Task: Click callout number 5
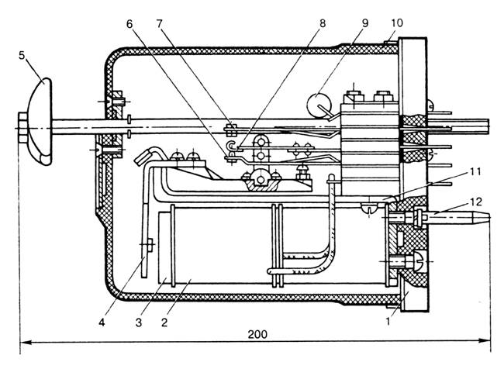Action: coord(22,55)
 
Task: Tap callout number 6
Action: coord(129,24)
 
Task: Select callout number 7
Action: coord(160,24)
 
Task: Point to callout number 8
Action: coord(323,23)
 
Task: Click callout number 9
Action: coord(365,23)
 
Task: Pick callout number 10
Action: coord(397,22)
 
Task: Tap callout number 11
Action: coord(475,171)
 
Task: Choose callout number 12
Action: coord(476,202)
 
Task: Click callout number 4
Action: coord(102,322)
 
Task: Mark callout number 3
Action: coord(139,322)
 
